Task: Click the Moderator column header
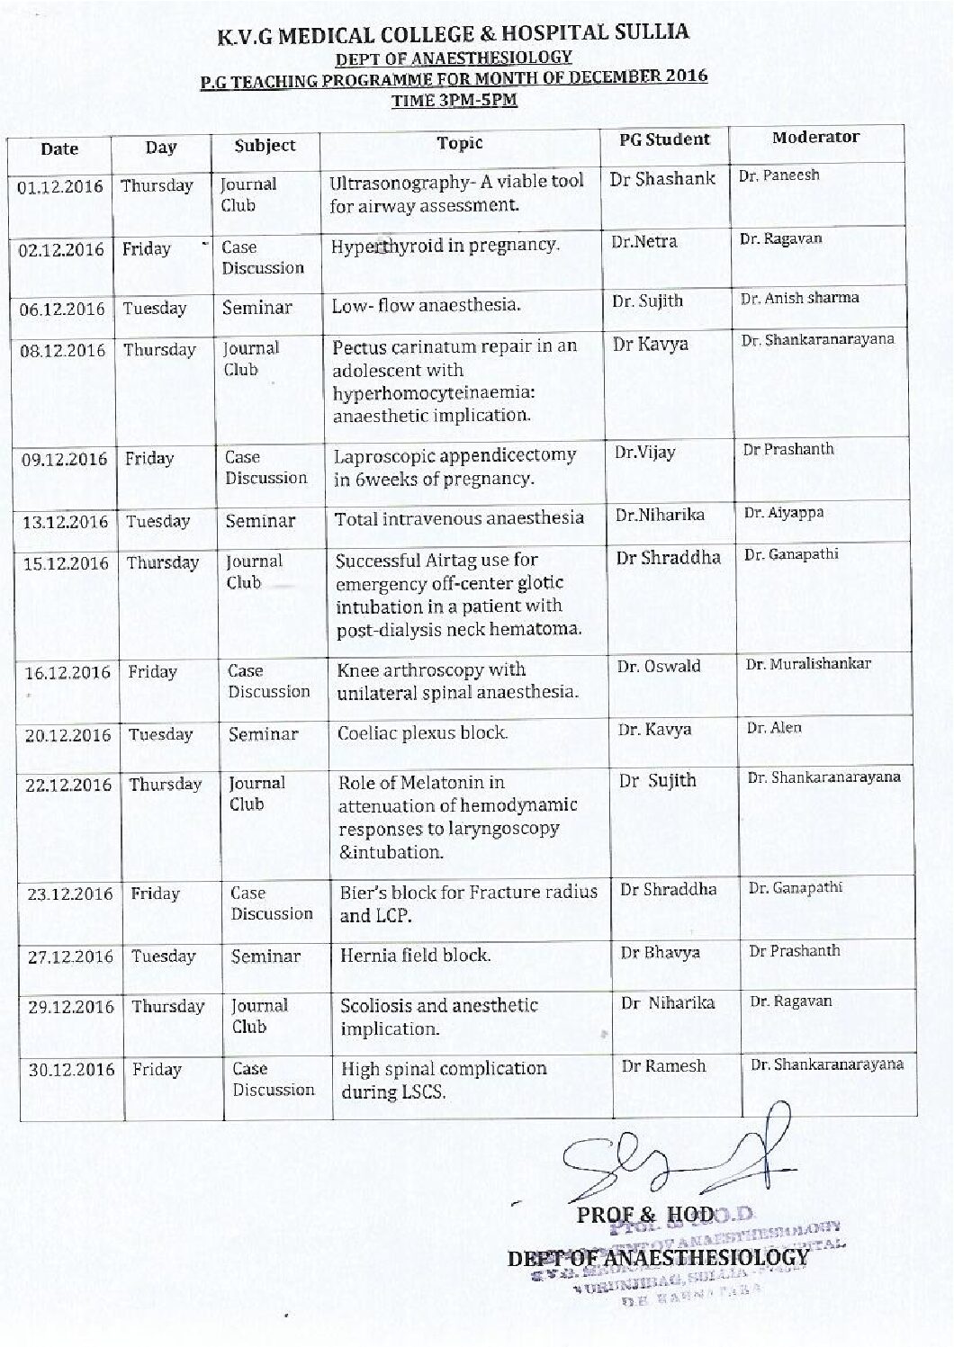click(815, 138)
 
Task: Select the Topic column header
click(460, 143)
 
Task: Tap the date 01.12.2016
click(61, 187)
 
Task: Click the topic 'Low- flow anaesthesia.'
click(426, 305)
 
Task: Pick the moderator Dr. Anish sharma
click(799, 298)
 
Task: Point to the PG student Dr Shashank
click(662, 179)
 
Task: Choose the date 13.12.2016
click(67, 522)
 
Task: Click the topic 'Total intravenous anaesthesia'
click(459, 518)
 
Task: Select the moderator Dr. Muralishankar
click(808, 664)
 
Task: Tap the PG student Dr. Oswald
click(659, 667)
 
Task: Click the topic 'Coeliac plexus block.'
click(422, 733)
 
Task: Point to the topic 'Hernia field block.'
click(415, 956)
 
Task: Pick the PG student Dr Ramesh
click(663, 1066)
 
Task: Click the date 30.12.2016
click(72, 1070)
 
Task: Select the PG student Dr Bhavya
click(660, 953)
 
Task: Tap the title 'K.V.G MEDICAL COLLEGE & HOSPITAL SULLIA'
click(454, 35)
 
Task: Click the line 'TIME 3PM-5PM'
click(454, 101)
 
